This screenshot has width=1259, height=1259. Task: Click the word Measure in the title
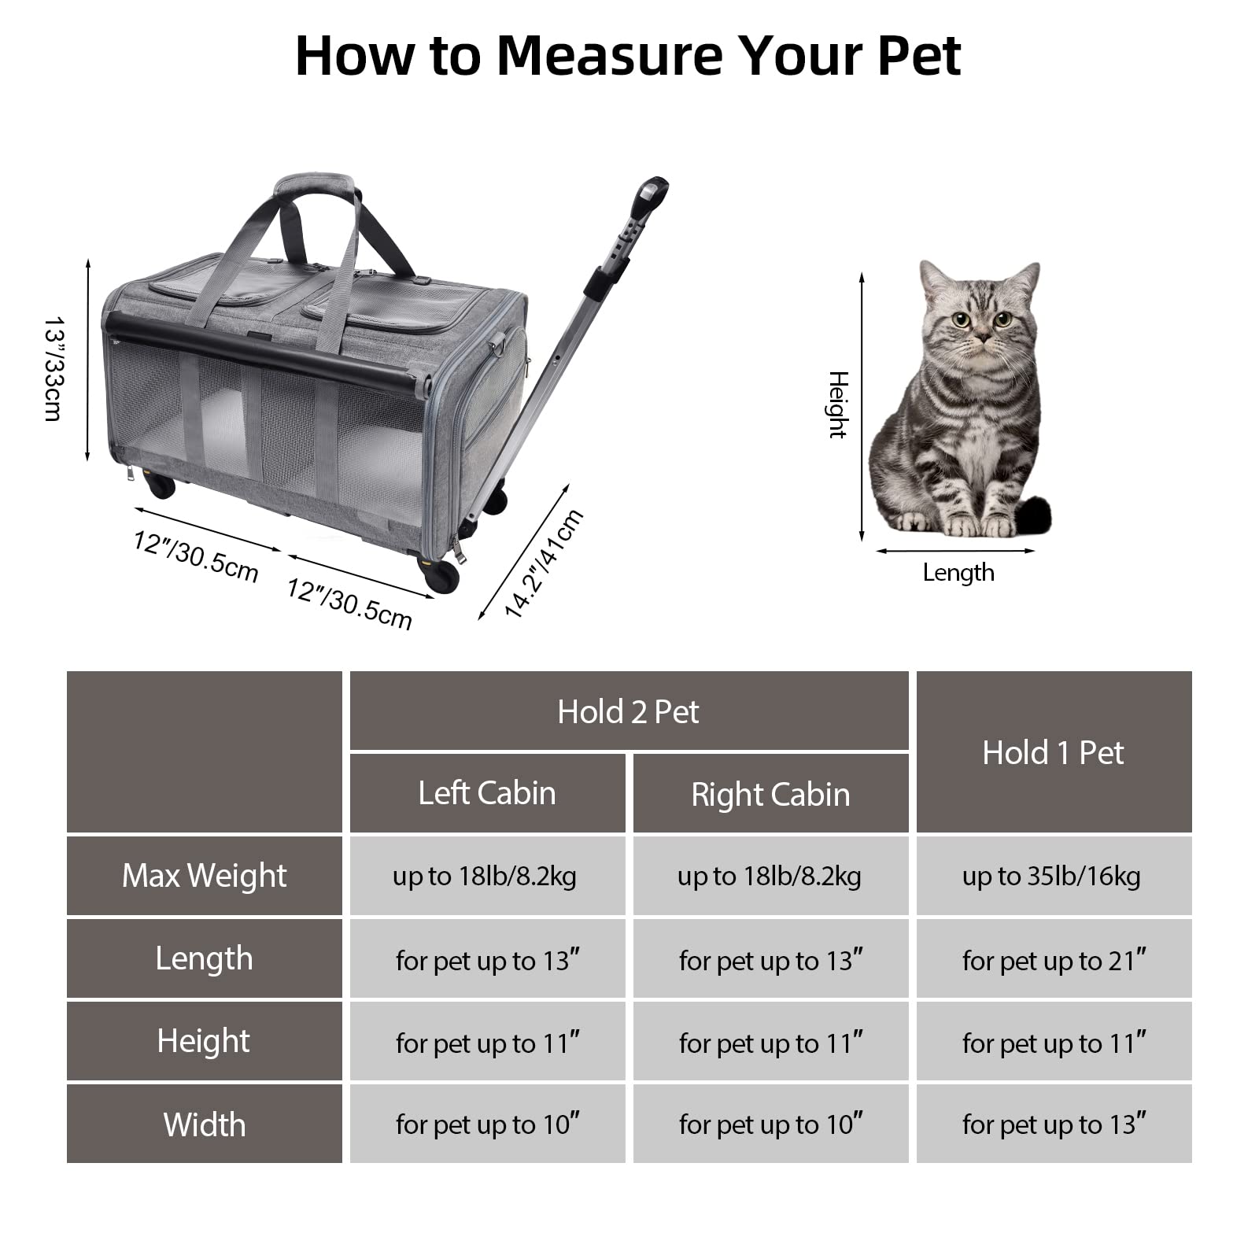pos(610,56)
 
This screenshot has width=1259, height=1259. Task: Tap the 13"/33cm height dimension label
pos(54,369)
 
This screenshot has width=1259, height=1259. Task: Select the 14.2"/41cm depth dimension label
pos(543,563)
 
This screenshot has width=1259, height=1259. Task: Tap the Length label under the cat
pos(958,573)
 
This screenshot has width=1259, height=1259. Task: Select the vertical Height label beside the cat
pos(838,404)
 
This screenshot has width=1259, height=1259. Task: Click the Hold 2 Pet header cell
pos(628,711)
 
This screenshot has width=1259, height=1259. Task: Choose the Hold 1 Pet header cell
pos(1053,752)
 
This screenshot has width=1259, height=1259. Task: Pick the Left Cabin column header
pos(487,793)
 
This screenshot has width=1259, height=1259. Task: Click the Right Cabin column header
pos(770,795)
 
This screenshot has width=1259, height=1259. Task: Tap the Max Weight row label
pos(204,876)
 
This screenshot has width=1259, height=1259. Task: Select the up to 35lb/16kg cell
pos(1053,876)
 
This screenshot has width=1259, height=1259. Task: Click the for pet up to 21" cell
pos(1053,960)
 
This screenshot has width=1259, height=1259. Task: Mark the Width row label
pos(204,1124)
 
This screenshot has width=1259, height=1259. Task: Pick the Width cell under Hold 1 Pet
pos(1053,1124)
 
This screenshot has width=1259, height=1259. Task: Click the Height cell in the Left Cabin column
pos(487,1043)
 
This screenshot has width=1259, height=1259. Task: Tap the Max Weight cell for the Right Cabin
pos(770,876)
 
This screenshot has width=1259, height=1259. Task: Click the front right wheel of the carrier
pos(442,576)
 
